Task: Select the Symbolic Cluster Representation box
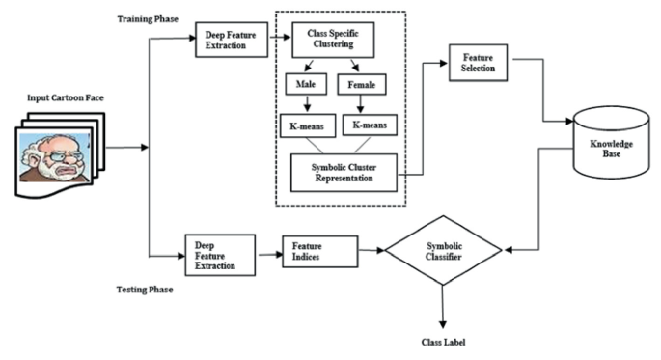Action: (343, 172)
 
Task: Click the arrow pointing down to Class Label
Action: (444, 311)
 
